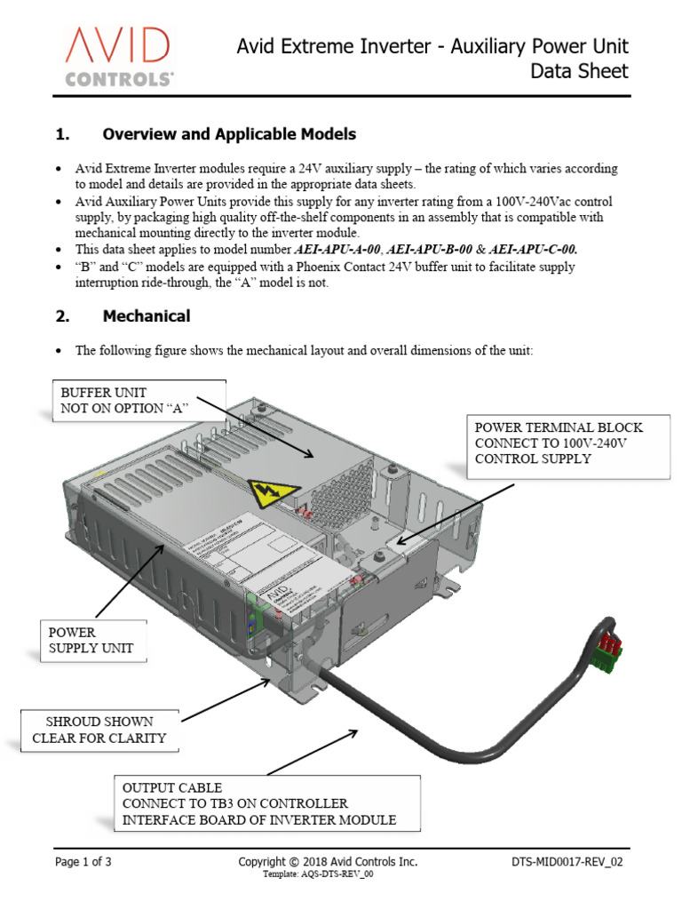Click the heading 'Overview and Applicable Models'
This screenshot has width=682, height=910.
(x=229, y=134)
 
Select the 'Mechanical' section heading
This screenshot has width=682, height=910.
(x=146, y=315)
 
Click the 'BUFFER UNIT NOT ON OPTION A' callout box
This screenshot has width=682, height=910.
(x=139, y=400)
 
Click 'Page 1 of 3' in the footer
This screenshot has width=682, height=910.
(x=83, y=861)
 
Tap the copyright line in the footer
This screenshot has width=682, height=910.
(x=327, y=861)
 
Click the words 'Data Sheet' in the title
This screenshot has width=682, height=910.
(x=579, y=71)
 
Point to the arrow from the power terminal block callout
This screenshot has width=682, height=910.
(x=453, y=513)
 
